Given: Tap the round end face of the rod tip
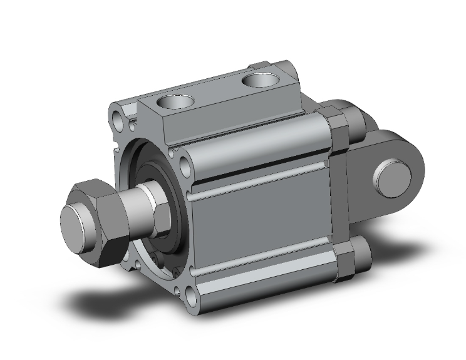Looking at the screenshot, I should click(75, 222).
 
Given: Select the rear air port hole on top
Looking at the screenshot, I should click(258, 80).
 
